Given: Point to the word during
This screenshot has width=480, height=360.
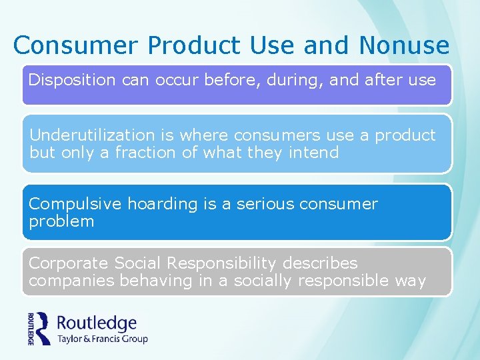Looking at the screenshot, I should coord(295,81).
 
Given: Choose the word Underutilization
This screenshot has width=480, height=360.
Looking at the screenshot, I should coord(95,135).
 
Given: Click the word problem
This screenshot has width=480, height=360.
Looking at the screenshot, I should coord(61,221).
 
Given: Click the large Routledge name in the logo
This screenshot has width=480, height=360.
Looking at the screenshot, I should coord(97,324).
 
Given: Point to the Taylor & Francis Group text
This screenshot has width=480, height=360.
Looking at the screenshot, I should coord(103,339).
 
